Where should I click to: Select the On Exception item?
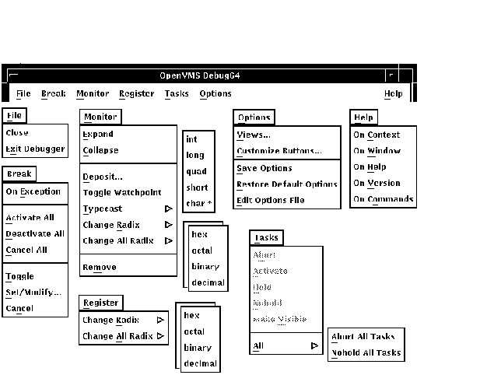33,191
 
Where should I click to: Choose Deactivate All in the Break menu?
35,233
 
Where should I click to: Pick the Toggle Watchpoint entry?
122,192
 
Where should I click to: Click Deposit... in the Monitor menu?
103,176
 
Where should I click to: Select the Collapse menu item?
100,150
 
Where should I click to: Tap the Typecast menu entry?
103,209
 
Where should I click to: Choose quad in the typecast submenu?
196,171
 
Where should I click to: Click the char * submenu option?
199,204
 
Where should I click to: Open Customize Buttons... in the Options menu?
279,151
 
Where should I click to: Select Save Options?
265,168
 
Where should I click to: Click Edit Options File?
270,201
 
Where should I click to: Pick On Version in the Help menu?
377,184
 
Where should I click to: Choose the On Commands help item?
384,199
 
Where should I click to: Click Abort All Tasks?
363,337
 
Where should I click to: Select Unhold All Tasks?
366,352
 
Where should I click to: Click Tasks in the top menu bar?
177,94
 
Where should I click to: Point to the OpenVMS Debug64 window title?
197,75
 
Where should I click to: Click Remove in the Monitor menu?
100,267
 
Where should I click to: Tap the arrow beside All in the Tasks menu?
314,345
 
